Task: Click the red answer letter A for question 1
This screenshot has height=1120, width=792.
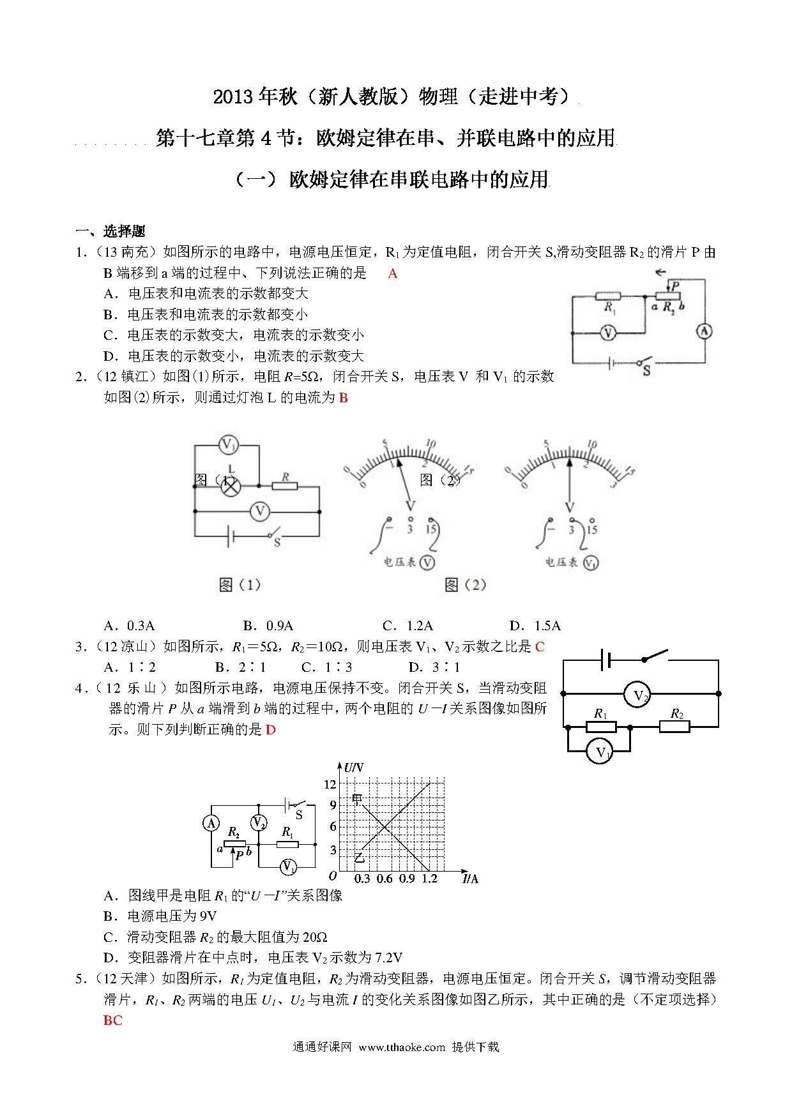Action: coord(392,273)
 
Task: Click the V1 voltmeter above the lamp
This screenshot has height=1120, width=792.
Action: coord(228,444)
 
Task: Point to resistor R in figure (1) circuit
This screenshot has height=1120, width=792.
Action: coord(284,485)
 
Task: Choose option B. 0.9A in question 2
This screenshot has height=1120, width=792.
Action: coord(268,625)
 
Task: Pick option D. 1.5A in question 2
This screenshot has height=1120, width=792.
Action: coord(535,625)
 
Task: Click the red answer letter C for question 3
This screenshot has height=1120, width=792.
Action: coord(540,646)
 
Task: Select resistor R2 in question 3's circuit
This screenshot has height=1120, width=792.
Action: coord(675,726)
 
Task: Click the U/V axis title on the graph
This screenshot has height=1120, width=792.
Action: coord(354,768)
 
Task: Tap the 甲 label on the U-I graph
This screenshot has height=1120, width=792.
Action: coord(358,799)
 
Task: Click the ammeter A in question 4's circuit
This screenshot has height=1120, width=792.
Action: coord(211,823)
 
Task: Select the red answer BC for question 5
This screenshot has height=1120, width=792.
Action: coord(112,1020)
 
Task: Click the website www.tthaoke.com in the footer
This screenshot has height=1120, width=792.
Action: coord(401,1047)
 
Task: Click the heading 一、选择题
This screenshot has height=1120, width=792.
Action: coord(110,231)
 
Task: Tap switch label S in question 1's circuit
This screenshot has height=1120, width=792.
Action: coord(646,370)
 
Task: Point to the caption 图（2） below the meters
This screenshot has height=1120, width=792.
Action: coord(466,584)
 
